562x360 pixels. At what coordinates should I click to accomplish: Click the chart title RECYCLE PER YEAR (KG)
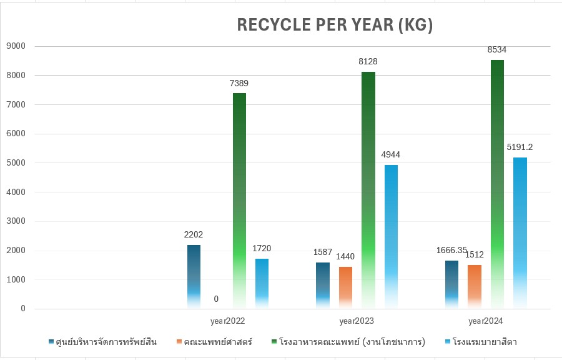tap(335, 25)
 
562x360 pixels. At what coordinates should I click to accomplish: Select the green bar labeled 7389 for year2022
tap(239, 200)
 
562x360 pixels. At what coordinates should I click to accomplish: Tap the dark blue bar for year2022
tap(194, 275)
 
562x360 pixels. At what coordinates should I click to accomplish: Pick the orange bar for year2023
tap(345, 287)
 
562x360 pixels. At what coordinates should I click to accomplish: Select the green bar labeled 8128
tap(368, 187)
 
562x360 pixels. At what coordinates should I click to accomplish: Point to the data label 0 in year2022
tap(216, 299)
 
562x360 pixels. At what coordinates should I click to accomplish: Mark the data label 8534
tap(497, 49)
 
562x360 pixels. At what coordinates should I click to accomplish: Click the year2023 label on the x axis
tap(357, 321)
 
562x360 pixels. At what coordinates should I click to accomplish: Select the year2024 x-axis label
tap(486, 321)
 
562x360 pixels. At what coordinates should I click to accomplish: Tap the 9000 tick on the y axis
tap(16, 46)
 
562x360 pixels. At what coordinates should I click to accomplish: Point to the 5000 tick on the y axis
tap(16, 163)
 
